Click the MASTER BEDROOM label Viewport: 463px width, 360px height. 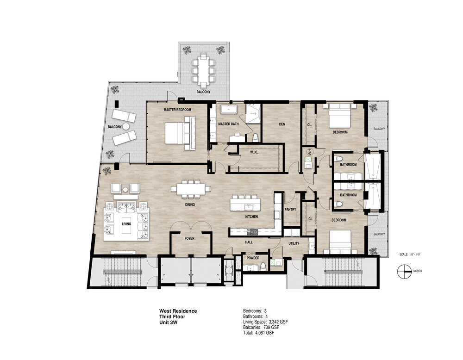click(x=177, y=110)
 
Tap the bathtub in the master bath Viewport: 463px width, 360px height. click(x=229, y=109)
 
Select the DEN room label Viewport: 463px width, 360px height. click(x=282, y=124)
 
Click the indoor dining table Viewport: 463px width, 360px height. click(x=191, y=188)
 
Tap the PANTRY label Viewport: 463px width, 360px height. click(x=290, y=210)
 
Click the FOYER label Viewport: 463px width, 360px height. click(x=189, y=238)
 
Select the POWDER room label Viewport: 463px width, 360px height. click(x=253, y=258)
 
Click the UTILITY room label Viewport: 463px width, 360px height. click(x=294, y=243)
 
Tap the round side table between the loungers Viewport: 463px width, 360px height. click(x=126, y=127)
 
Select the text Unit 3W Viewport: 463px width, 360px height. click(x=169, y=322)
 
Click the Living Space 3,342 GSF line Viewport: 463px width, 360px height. click(x=265, y=322)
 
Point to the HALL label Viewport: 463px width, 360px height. click(x=249, y=242)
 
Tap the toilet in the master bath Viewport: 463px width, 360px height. click(x=256, y=137)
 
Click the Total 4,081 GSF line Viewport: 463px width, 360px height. click(x=258, y=333)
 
